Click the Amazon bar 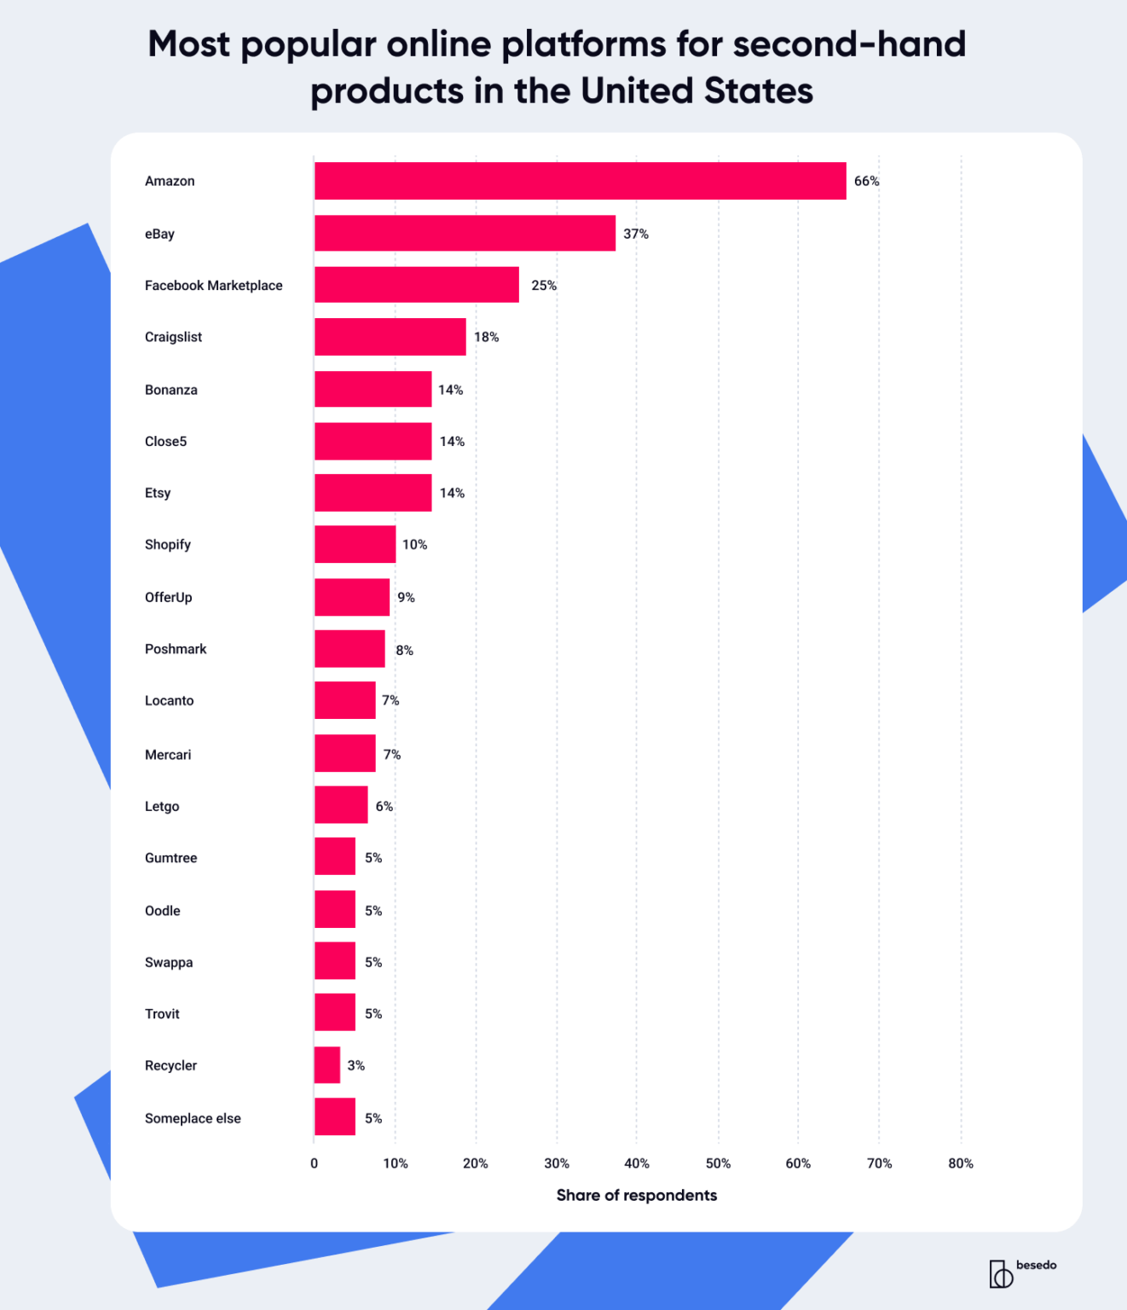[x=580, y=181]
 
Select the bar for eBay [x=465, y=234]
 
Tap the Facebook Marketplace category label [x=213, y=286]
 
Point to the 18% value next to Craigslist [x=486, y=337]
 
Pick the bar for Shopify [x=355, y=544]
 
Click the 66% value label [x=866, y=181]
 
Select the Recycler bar [x=327, y=1065]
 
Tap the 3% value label [x=355, y=1065]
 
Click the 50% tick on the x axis [x=718, y=1163]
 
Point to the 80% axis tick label [x=960, y=1163]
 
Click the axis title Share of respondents [x=636, y=1195]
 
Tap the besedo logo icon [x=1001, y=1273]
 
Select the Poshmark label [x=176, y=649]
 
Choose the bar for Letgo [x=341, y=805]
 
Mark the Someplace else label [x=193, y=1118]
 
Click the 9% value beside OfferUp [x=406, y=597]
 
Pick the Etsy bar [x=373, y=493]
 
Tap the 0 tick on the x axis [x=315, y=1163]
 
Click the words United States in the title [x=696, y=90]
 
